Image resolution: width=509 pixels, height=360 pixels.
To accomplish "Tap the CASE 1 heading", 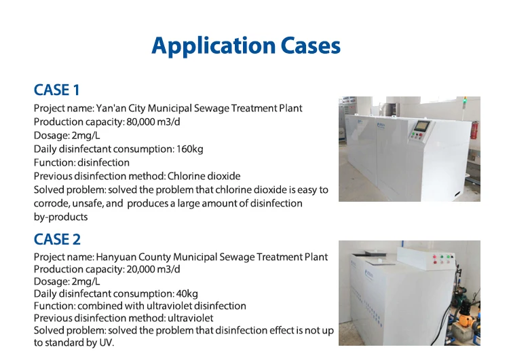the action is click(57, 90).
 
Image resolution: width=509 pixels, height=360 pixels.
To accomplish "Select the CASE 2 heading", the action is click(57, 240).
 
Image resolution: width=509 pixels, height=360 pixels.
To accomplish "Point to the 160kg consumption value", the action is click(190, 149).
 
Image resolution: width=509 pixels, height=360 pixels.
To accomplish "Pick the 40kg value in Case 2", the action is click(187, 293).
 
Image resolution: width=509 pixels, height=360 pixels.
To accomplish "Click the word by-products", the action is click(60, 217).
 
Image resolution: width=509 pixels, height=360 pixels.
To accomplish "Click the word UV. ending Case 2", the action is click(107, 343).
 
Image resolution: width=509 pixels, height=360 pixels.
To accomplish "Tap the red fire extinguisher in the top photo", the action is click(474, 130).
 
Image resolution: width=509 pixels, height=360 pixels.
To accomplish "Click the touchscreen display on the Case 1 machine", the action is click(421, 126).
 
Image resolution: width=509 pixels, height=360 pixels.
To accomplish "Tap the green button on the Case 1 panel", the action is click(414, 133).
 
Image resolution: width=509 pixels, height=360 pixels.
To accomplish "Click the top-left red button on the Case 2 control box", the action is click(435, 257).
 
